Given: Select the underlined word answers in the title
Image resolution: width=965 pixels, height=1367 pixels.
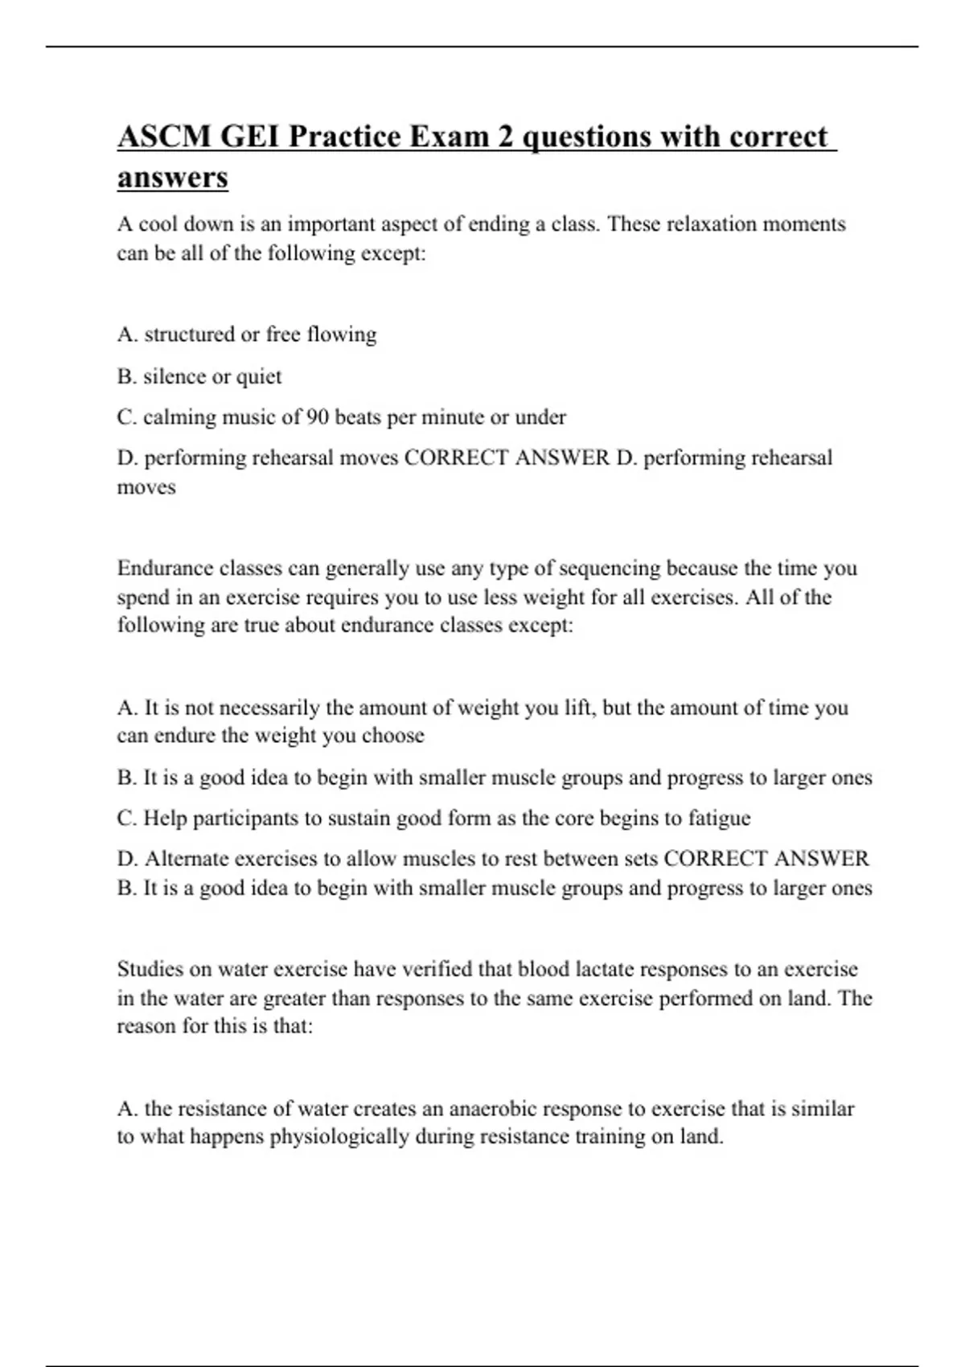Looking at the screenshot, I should (173, 178).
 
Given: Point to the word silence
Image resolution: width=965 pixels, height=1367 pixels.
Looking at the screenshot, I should (175, 376).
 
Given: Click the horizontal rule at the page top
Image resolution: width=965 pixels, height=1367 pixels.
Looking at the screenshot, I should (482, 47).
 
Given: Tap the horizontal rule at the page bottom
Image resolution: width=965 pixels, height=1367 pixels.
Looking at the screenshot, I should (482, 1365).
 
